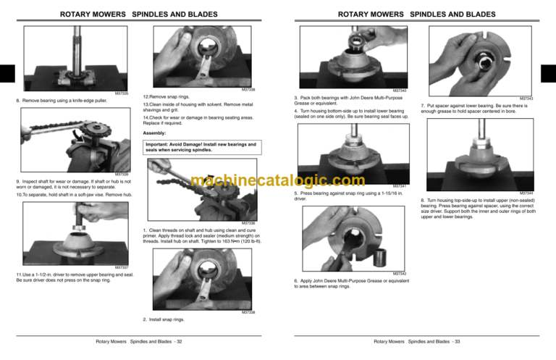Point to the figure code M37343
click(x=526, y=99)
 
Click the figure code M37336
click(x=249, y=222)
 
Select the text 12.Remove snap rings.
click(x=167, y=96)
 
